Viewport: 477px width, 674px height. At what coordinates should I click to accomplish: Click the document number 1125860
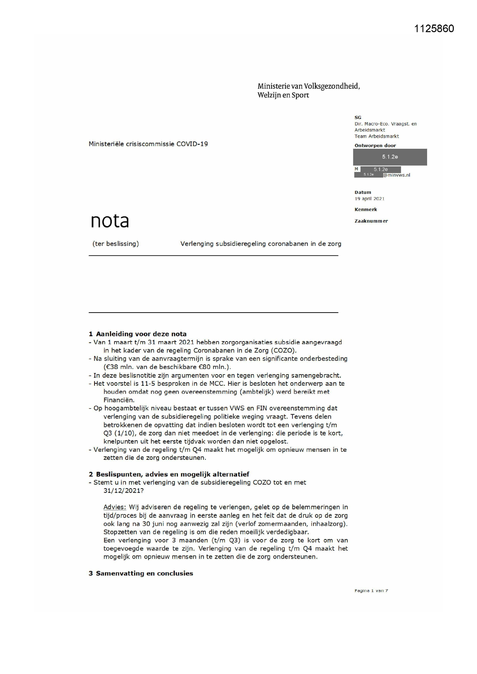[x=434, y=29]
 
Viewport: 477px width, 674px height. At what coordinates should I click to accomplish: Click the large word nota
[x=110, y=221]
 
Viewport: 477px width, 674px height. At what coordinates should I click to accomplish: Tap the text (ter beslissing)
[x=115, y=244]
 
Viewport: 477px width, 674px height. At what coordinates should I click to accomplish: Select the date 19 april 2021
[x=369, y=199]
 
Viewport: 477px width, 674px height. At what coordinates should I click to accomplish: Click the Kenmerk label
[x=366, y=209]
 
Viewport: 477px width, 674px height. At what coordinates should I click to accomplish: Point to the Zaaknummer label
[x=371, y=221]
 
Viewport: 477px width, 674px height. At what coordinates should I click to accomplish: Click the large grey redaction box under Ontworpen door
[x=390, y=157]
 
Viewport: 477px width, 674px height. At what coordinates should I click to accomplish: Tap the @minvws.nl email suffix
[x=397, y=175]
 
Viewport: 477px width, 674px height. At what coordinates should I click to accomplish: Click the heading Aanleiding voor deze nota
[x=141, y=334]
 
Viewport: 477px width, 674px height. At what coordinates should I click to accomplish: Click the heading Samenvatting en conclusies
[x=144, y=573]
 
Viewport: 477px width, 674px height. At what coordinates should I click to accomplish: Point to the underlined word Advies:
[x=114, y=507]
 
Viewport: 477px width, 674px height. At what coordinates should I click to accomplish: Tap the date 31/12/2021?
[x=123, y=491]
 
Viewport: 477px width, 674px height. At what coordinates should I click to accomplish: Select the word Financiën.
[x=119, y=400]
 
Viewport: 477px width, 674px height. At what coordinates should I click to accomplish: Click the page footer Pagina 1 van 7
[x=371, y=591]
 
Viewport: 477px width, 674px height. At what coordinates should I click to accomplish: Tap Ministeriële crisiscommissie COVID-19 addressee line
[x=148, y=144]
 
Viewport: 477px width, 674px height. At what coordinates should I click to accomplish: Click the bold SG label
[x=358, y=117]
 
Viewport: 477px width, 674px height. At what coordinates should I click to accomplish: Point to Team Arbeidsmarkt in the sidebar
[x=377, y=136]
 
